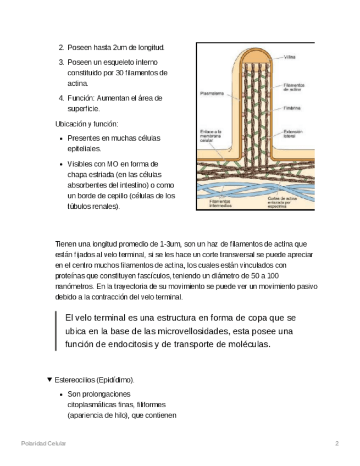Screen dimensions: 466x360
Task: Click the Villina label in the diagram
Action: tap(290, 57)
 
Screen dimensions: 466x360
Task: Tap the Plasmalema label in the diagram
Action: tap(212, 94)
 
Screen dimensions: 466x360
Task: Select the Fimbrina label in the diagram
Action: tap(292, 108)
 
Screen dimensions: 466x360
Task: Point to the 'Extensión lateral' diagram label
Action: tap(293, 134)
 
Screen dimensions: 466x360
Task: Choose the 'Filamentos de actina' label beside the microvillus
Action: tap(294, 87)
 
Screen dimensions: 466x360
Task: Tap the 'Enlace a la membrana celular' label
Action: tap(211, 136)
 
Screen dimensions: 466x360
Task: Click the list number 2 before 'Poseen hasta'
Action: tap(61, 48)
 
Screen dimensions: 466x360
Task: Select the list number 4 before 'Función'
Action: tap(61, 98)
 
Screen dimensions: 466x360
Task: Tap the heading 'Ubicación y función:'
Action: tap(86, 124)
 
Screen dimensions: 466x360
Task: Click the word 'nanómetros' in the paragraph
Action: tap(74, 286)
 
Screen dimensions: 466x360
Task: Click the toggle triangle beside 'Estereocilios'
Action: tap(50, 379)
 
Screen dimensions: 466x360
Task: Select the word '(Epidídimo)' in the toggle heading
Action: tap(115, 380)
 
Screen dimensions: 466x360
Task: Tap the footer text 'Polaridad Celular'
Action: tap(43, 443)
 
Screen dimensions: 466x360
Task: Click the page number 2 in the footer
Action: tap(337, 443)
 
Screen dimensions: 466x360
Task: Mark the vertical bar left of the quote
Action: tap(56, 331)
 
